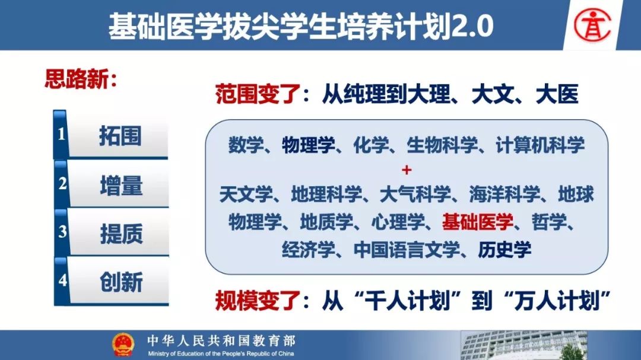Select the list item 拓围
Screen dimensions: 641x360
pos(120,136)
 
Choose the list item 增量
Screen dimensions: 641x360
pos(121,185)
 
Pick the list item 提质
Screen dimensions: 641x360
pos(122,234)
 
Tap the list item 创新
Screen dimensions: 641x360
pos(122,282)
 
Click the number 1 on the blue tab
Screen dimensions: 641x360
pos(61,133)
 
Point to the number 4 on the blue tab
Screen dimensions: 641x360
pos(62,280)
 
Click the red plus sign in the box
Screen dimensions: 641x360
pos(407,170)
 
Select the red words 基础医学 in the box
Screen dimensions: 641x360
pos(477,222)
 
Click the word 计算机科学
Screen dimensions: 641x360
pos(540,145)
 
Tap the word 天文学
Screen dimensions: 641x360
pos(246,194)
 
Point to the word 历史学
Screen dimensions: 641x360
pos(504,250)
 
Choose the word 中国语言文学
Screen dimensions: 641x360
pos(407,250)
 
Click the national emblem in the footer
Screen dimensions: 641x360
pos(123,345)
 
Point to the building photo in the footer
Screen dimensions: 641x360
pos(524,345)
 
